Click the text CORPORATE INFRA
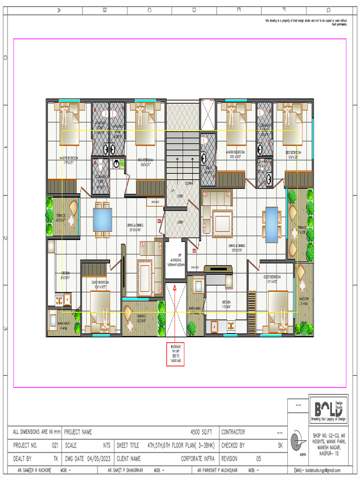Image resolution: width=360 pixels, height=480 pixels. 198,459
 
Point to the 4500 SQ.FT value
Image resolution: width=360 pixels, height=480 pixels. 202,432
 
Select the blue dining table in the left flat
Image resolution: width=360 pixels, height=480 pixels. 102,219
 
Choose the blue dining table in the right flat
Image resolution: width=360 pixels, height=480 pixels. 271,225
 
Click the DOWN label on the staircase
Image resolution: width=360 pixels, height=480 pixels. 190,183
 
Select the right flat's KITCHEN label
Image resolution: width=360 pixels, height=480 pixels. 226,302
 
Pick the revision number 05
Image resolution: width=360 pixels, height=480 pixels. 258,459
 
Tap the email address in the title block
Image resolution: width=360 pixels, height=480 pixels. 317,470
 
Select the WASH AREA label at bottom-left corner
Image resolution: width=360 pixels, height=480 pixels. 64,324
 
